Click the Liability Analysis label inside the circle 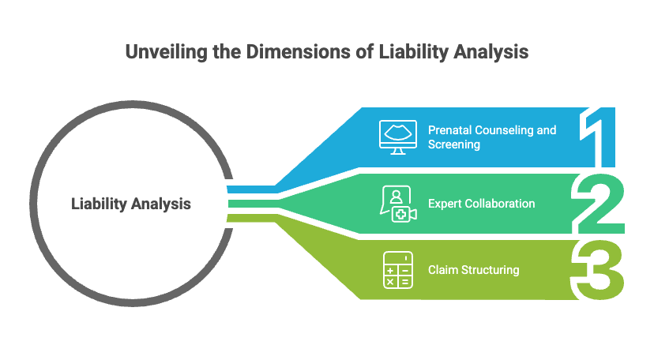tap(131, 204)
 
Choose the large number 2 tap(600, 204)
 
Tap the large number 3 tap(600, 270)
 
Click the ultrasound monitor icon tap(397, 137)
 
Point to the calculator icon tap(397, 270)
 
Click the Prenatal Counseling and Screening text tap(492, 137)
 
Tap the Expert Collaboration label tap(481, 204)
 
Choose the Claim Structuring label tap(473, 270)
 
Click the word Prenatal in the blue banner tap(449, 129)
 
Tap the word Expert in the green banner tap(444, 204)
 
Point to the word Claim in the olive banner tap(442, 270)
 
